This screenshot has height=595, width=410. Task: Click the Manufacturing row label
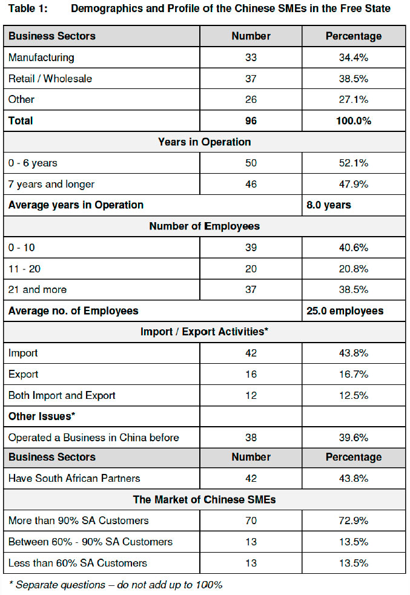(x=41, y=58)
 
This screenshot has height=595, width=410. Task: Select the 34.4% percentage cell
(x=354, y=58)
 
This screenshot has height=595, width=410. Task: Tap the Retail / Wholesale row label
(x=50, y=79)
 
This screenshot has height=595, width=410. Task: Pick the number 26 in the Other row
(x=251, y=99)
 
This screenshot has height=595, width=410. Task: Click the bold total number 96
(x=251, y=120)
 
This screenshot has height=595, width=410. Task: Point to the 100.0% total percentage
(x=354, y=120)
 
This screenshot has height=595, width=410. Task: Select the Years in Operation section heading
(x=204, y=142)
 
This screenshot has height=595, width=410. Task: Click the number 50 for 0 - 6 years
(x=251, y=163)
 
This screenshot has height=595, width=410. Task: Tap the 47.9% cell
(x=354, y=184)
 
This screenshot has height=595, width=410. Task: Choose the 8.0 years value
(x=329, y=205)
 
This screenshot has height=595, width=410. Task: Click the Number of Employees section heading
(x=204, y=226)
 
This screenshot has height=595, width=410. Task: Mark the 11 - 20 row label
(x=25, y=268)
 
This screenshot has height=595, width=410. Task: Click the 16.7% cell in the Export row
(x=354, y=374)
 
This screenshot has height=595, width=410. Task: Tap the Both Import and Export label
(x=62, y=395)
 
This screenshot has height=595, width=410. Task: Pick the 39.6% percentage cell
(x=354, y=437)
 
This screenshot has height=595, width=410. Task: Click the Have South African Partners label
(x=74, y=478)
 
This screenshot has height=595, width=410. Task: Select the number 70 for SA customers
(x=251, y=521)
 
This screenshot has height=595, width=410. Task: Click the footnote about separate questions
(x=115, y=585)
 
